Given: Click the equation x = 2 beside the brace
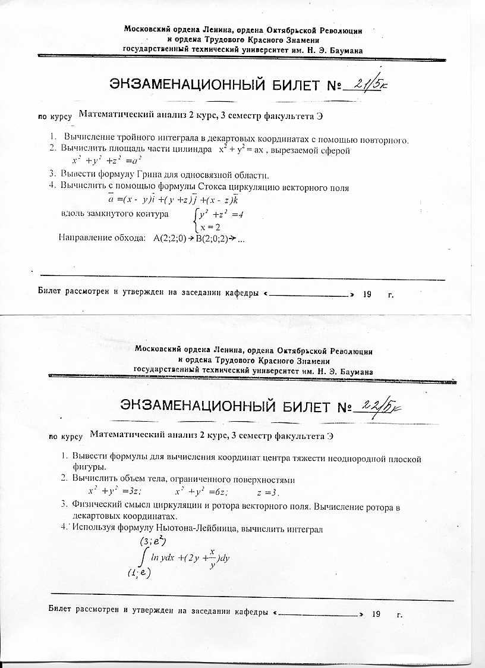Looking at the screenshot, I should point(211,227).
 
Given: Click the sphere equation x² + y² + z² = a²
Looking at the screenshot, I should point(106,161).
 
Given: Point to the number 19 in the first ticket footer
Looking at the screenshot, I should point(367,294).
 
